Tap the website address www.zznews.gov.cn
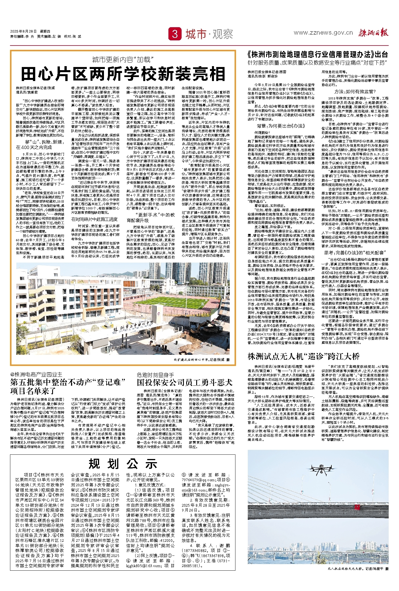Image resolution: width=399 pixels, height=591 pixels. point(323,33)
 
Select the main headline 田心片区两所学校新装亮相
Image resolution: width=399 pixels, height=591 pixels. point(123,74)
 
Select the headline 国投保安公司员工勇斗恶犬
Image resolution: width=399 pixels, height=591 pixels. point(184,383)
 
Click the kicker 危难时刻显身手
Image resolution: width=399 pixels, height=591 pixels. point(155,375)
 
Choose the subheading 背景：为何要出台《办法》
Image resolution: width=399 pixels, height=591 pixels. point(281,126)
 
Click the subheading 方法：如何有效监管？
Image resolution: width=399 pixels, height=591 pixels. point(355,92)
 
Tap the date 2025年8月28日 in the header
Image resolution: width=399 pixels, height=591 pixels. point(23,31)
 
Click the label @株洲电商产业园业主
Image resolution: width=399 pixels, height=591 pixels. point(36,375)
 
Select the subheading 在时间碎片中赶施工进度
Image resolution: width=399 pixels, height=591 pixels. point(95,219)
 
